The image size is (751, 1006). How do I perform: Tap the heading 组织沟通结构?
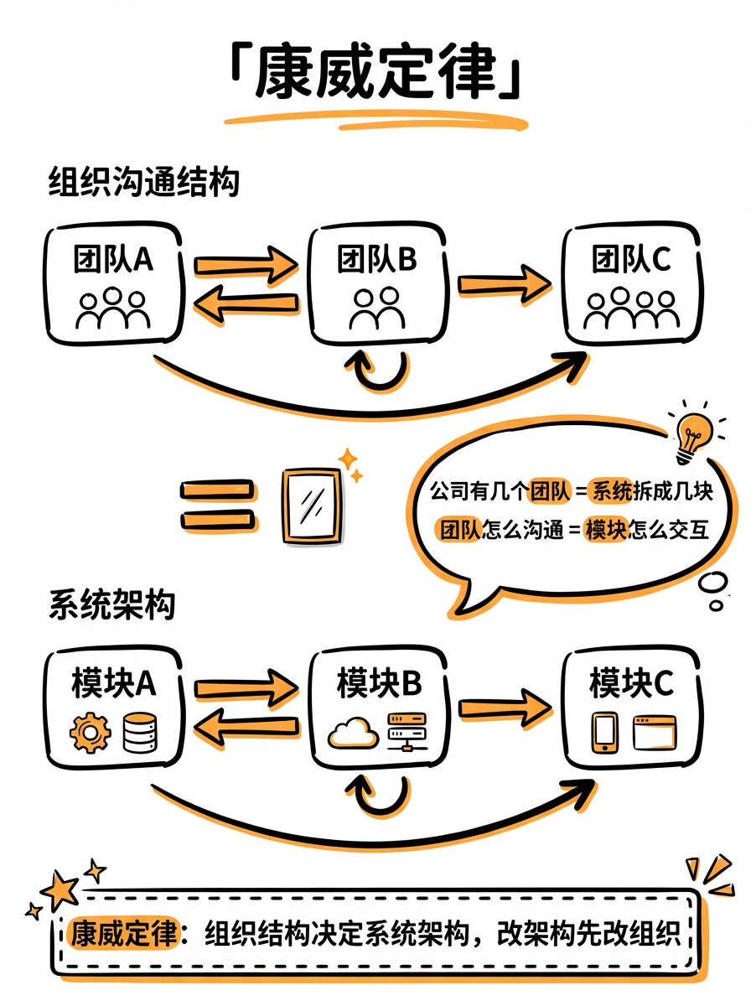pyautogui.click(x=143, y=183)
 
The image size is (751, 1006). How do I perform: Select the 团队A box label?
pyautogui.click(x=112, y=260)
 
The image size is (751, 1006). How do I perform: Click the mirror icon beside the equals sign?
pyautogui.click(x=311, y=506)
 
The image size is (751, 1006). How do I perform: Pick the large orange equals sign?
pyautogui.click(x=217, y=506)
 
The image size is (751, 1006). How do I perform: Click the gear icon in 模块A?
pyautogui.click(x=90, y=733)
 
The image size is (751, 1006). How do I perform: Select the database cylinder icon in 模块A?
pyautogui.click(x=137, y=733)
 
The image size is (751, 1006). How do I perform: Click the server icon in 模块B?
pyautogui.click(x=407, y=732)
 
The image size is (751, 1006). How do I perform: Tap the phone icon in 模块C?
pyautogui.click(x=604, y=733)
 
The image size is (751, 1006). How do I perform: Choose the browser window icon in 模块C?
pyautogui.click(x=653, y=733)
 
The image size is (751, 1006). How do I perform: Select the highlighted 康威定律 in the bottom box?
pyautogui.click(x=124, y=933)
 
